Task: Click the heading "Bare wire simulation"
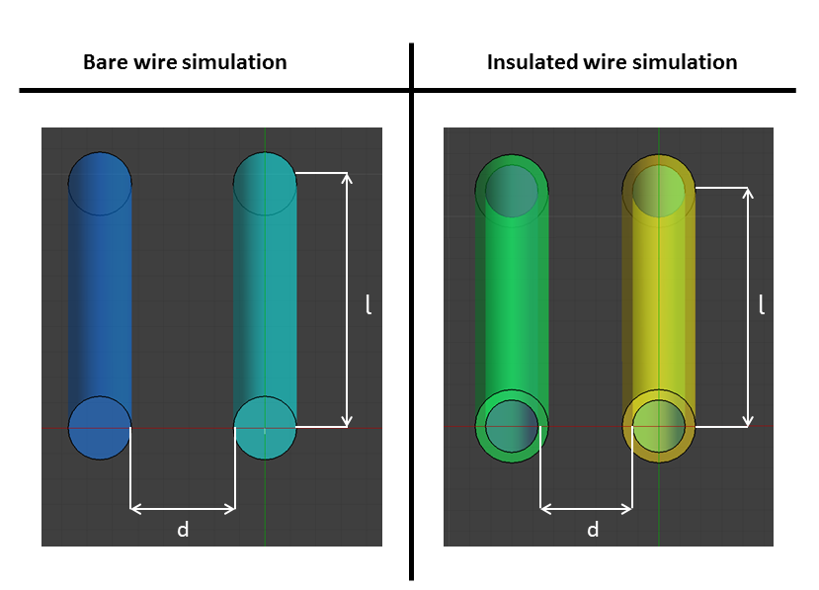tap(185, 62)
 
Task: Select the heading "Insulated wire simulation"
tap(612, 62)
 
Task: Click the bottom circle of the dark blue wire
tap(100, 428)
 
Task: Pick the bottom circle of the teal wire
tap(265, 428)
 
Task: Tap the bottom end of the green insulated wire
tap(512, 426)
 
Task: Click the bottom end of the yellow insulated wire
tap(659, 426)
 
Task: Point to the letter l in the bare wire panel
tap(369, 305)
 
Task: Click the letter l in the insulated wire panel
tap(761, 305)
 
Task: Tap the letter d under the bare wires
tap(183, 531)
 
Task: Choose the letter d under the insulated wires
tap(593, 531)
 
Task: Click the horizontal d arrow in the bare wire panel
tap(183, 509)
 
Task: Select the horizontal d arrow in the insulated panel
tap(587, 509)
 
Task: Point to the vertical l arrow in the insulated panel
tap(748, 306)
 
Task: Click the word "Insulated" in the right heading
tap(530, 62)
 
